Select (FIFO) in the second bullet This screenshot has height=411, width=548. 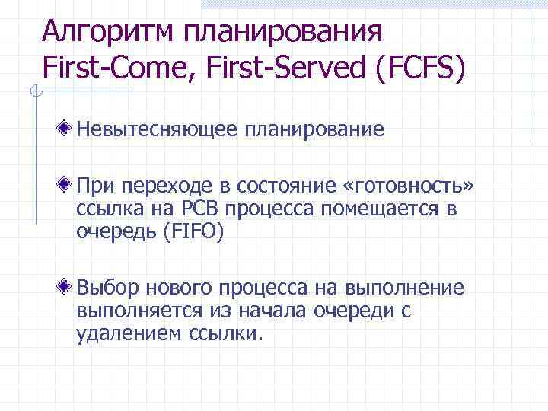click(191, 231)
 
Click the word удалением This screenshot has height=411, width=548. click(127, 333)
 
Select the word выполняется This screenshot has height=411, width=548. click(140, 311)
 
